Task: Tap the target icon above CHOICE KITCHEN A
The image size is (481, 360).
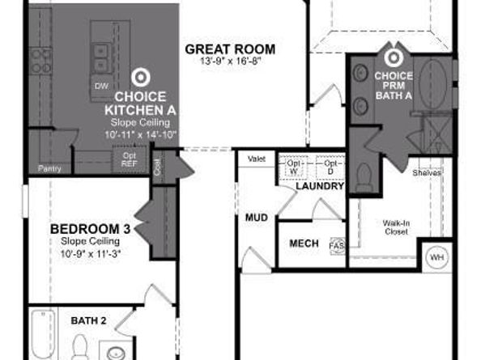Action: (x=140, y=78)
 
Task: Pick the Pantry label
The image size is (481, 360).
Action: (x=49, y=169)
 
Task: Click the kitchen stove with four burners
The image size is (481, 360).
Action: (x=40, y=59)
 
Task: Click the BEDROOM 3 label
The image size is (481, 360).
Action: (x=90, y=229)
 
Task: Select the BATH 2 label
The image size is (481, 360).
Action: (x=87, y=320)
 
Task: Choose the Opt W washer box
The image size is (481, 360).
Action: (x=292, y=167)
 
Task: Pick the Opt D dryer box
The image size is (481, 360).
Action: (x=330, y=167)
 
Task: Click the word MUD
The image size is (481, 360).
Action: (x=257, y=218)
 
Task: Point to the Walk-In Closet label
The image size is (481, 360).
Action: (x=396, y=227)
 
